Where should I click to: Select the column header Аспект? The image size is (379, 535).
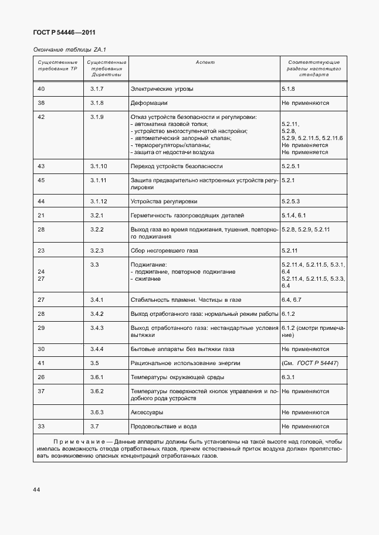pyautogui.click(x=205, y=62)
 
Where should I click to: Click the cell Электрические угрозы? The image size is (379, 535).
pyautogui.click(x=161, y=89)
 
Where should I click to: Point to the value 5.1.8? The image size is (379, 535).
pyautogui.click(x=288, y=89)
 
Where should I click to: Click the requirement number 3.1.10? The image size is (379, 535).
pyautogui.click(x=99, y=166)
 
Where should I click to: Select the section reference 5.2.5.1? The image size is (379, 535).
pyautogui.click(x=291, y=166)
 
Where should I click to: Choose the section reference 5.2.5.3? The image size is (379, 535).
pyautogui.click(x=291, y=202)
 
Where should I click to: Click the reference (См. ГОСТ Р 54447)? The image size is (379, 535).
pyautogui.click(x=310, y=363)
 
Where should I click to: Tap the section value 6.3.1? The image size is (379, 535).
pyautogui.click(x=288, y=377)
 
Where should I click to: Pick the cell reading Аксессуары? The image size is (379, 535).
pyautogui.click(x=147, y=413)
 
